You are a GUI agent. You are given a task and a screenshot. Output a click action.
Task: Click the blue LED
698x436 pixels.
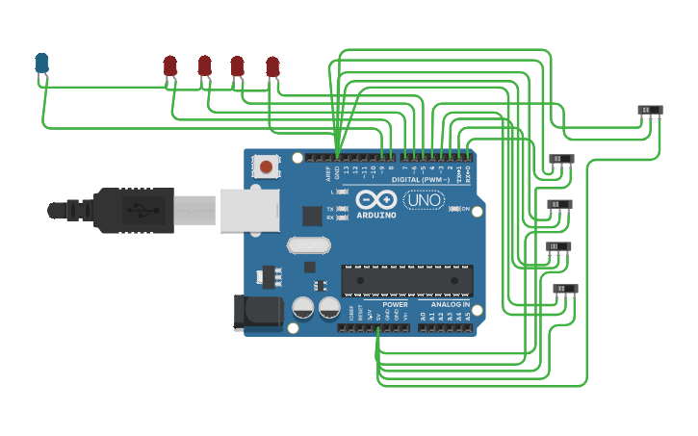[x=41, y=64]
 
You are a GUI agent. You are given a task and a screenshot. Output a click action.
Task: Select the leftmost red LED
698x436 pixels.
[x=170, y=65]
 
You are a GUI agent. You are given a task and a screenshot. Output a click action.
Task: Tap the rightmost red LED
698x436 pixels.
[x=272, y=66]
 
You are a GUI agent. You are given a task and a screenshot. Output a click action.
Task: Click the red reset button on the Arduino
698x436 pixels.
[x=266, y=167]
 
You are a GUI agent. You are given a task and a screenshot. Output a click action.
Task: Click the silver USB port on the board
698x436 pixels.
[x=249, y=210]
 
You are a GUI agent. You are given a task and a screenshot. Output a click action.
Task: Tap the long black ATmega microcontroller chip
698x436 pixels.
[x=407, y=279]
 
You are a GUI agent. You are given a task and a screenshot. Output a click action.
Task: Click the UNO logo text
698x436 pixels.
[x=423, y=200]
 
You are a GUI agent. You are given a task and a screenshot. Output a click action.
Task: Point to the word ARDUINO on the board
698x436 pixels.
[x=375, y=215]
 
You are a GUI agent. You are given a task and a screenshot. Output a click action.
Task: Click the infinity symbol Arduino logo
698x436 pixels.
[x=375, y=199]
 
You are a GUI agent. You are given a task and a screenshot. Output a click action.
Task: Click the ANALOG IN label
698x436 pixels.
[x=450, y=304]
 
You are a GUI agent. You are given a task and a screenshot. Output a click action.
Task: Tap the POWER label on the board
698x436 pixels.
[x=395, y=304]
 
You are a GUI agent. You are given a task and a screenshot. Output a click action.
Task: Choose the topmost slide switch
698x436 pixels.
[x=651, y=110]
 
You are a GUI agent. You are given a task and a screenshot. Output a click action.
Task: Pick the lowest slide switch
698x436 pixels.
[x=565, y=288]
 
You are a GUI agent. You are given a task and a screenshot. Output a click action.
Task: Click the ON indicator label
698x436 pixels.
[x=465, y=209]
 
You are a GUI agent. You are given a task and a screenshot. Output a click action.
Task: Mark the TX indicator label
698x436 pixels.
[x=330, y=209]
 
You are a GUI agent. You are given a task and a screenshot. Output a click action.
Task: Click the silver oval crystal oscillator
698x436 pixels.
[x=308, y=245]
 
